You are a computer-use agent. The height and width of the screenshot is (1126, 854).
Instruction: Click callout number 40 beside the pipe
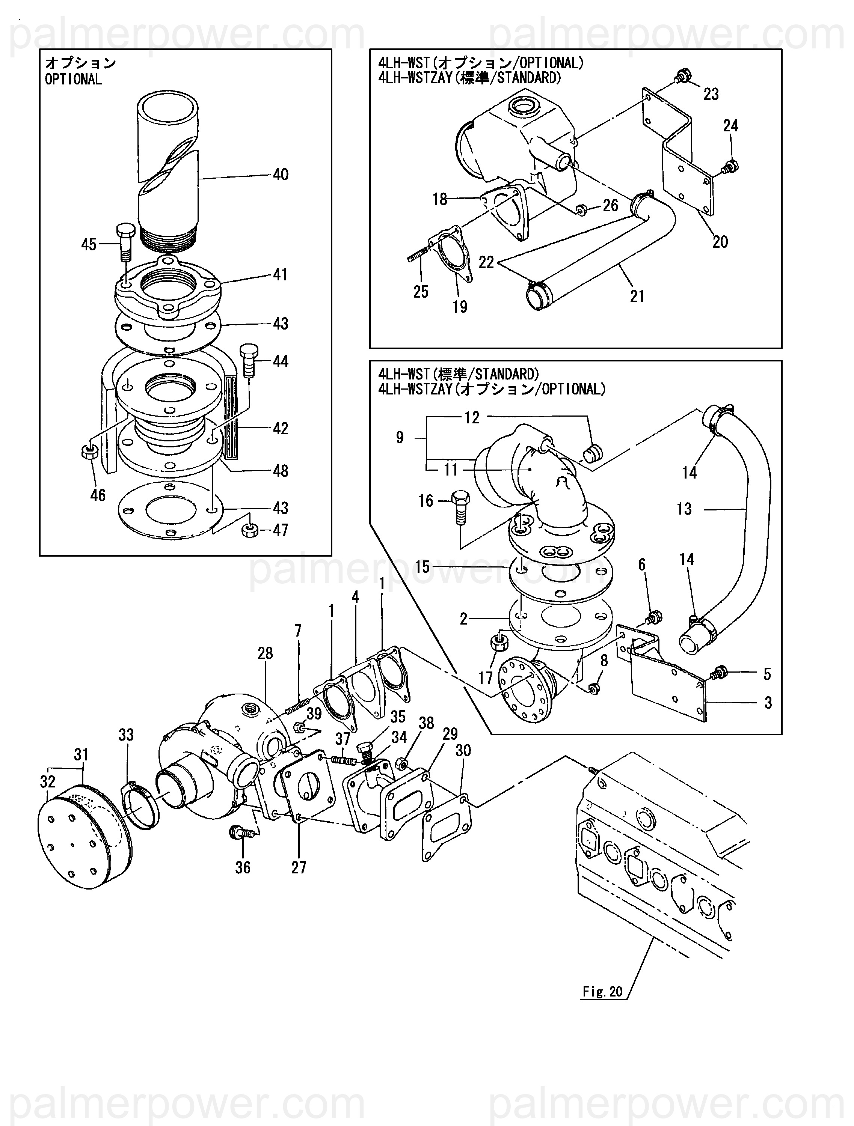(281, 175)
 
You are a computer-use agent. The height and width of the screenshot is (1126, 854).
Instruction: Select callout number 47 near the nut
(281, 530)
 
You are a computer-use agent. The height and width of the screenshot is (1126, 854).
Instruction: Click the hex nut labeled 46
(90, 452)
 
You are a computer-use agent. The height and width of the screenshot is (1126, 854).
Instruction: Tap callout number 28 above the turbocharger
(265, 653)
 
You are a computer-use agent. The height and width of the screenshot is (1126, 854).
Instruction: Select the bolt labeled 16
(459, 507)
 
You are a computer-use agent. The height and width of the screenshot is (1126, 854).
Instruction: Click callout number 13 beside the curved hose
(684, 509)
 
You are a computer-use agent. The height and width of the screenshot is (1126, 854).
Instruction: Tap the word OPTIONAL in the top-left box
(73, 80)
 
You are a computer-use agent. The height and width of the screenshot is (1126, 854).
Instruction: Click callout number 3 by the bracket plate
(768, 703)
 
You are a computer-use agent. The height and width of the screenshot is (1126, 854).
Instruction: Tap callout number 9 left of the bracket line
(400, 437)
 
